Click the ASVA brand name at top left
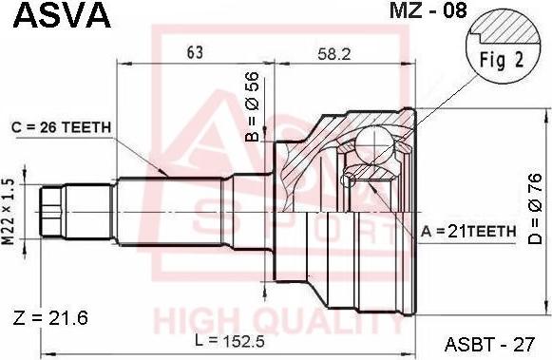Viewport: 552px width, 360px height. pyautogui.click(x=62, y=15)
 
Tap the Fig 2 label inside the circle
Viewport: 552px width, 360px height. pyautogui.click(x=502, y=60)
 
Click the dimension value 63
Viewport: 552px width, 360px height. pyautogui.click(x=195, y=52)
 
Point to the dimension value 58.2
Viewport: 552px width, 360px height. pyautogui.click(x=334, y=54)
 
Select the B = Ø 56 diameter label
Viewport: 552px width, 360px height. pyautogui.click(x=253, y=106)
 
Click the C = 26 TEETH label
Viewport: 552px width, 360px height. pyautogui.click(x=61, y=127)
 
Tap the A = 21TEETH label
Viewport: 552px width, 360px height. pyautogui.click(x=468, y=231)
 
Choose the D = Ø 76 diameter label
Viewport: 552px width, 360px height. pyautogui.click(x=535, y=208)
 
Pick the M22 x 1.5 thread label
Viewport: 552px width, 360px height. pyautogui.click(x=9, y=212)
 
